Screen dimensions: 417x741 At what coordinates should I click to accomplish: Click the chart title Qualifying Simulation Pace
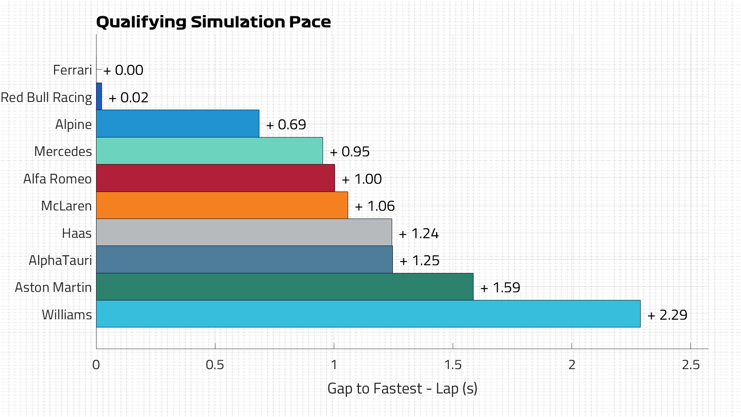(213, 22)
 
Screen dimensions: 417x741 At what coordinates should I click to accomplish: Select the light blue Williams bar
(368, 314)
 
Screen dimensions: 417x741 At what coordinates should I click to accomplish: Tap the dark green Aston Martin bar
(284, 286)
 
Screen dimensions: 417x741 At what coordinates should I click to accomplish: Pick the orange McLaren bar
(222, 205)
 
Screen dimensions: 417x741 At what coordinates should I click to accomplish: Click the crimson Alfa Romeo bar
(215, 178)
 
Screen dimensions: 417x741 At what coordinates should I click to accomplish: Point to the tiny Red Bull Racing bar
(99, 97)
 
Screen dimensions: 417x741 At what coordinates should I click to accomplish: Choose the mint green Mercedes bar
(209, 151)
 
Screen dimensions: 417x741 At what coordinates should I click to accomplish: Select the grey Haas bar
(244, 232)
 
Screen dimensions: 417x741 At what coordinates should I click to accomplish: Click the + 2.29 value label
(667, 315)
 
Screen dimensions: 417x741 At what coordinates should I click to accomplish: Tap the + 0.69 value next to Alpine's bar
(286, 125)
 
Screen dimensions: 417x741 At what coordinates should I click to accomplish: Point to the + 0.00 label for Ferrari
(123, 70)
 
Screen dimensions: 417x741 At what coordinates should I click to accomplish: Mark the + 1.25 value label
(420, 261)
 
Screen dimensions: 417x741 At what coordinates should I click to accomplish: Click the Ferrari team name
(72, 70)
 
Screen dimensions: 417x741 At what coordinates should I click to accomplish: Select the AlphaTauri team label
(60, 260)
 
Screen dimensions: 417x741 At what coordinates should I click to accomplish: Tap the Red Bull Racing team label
(46, 97)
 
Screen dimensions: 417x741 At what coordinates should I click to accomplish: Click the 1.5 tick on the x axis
(453, 364)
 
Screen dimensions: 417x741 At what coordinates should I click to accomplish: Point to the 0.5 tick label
(215, 364)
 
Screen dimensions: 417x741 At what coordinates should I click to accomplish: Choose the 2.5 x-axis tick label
(690, 364)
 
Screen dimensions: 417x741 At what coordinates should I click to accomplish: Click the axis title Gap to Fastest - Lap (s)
(402, 388)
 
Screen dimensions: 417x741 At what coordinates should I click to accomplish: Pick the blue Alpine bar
(178, 124)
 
